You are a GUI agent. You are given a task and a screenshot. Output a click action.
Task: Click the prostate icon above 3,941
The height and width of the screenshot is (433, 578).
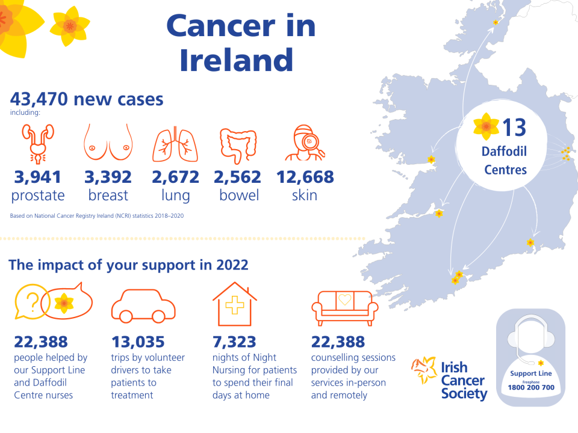(x=37, y=144)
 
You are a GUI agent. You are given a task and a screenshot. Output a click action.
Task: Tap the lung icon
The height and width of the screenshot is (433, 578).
(x=175, y=144)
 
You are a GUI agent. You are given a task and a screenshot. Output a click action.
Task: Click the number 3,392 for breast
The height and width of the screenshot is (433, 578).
(x=108, y=177)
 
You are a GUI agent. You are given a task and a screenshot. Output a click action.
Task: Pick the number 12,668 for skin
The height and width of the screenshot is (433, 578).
(x=305, y=177)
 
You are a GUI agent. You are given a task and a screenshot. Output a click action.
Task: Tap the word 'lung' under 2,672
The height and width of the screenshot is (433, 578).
(x=175, y=195)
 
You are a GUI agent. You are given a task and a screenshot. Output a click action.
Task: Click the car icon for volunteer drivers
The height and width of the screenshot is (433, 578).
(x=143, y=307)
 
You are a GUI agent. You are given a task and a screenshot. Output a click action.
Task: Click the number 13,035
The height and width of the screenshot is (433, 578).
(x=138, y=342)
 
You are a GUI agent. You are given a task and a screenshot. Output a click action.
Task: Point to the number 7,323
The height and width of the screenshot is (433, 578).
(x=235, y=342)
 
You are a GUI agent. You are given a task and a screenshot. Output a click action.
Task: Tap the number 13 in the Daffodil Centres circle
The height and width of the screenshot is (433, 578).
(x=514, y=127)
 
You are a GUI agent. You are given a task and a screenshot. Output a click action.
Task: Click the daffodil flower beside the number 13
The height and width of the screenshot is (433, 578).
(x=485, y=126)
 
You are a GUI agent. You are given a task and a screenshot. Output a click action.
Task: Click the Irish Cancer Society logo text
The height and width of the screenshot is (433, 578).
(x=463, y=380)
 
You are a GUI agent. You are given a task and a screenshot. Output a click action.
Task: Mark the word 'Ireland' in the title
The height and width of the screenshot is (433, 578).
(x=237, y=61)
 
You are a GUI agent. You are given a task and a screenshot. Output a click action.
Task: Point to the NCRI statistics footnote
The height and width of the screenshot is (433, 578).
(x=97, y=215)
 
